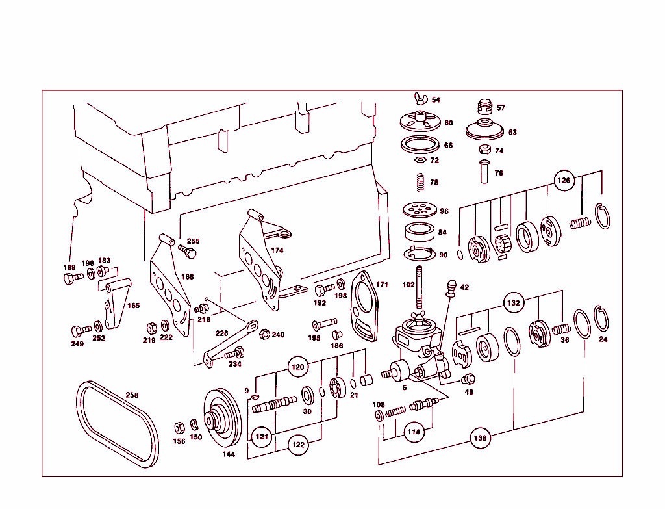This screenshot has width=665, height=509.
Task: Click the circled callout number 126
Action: tap(564, 180)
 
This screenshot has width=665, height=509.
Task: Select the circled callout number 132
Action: tap(514, 302)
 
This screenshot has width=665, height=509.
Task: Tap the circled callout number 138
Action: tap(479, 438)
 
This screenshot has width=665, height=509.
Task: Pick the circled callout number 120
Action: tap(298, 367)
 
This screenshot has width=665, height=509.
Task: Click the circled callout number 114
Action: tap(414, 431)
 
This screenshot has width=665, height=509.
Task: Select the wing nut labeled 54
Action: tap(418, 99)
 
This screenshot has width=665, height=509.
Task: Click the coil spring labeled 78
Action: tap(420, 183)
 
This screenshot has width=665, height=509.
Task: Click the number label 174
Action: tap(277, 250)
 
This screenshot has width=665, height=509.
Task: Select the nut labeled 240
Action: tap(264, 335)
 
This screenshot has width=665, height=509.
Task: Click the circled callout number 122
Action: tap(298, 445)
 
